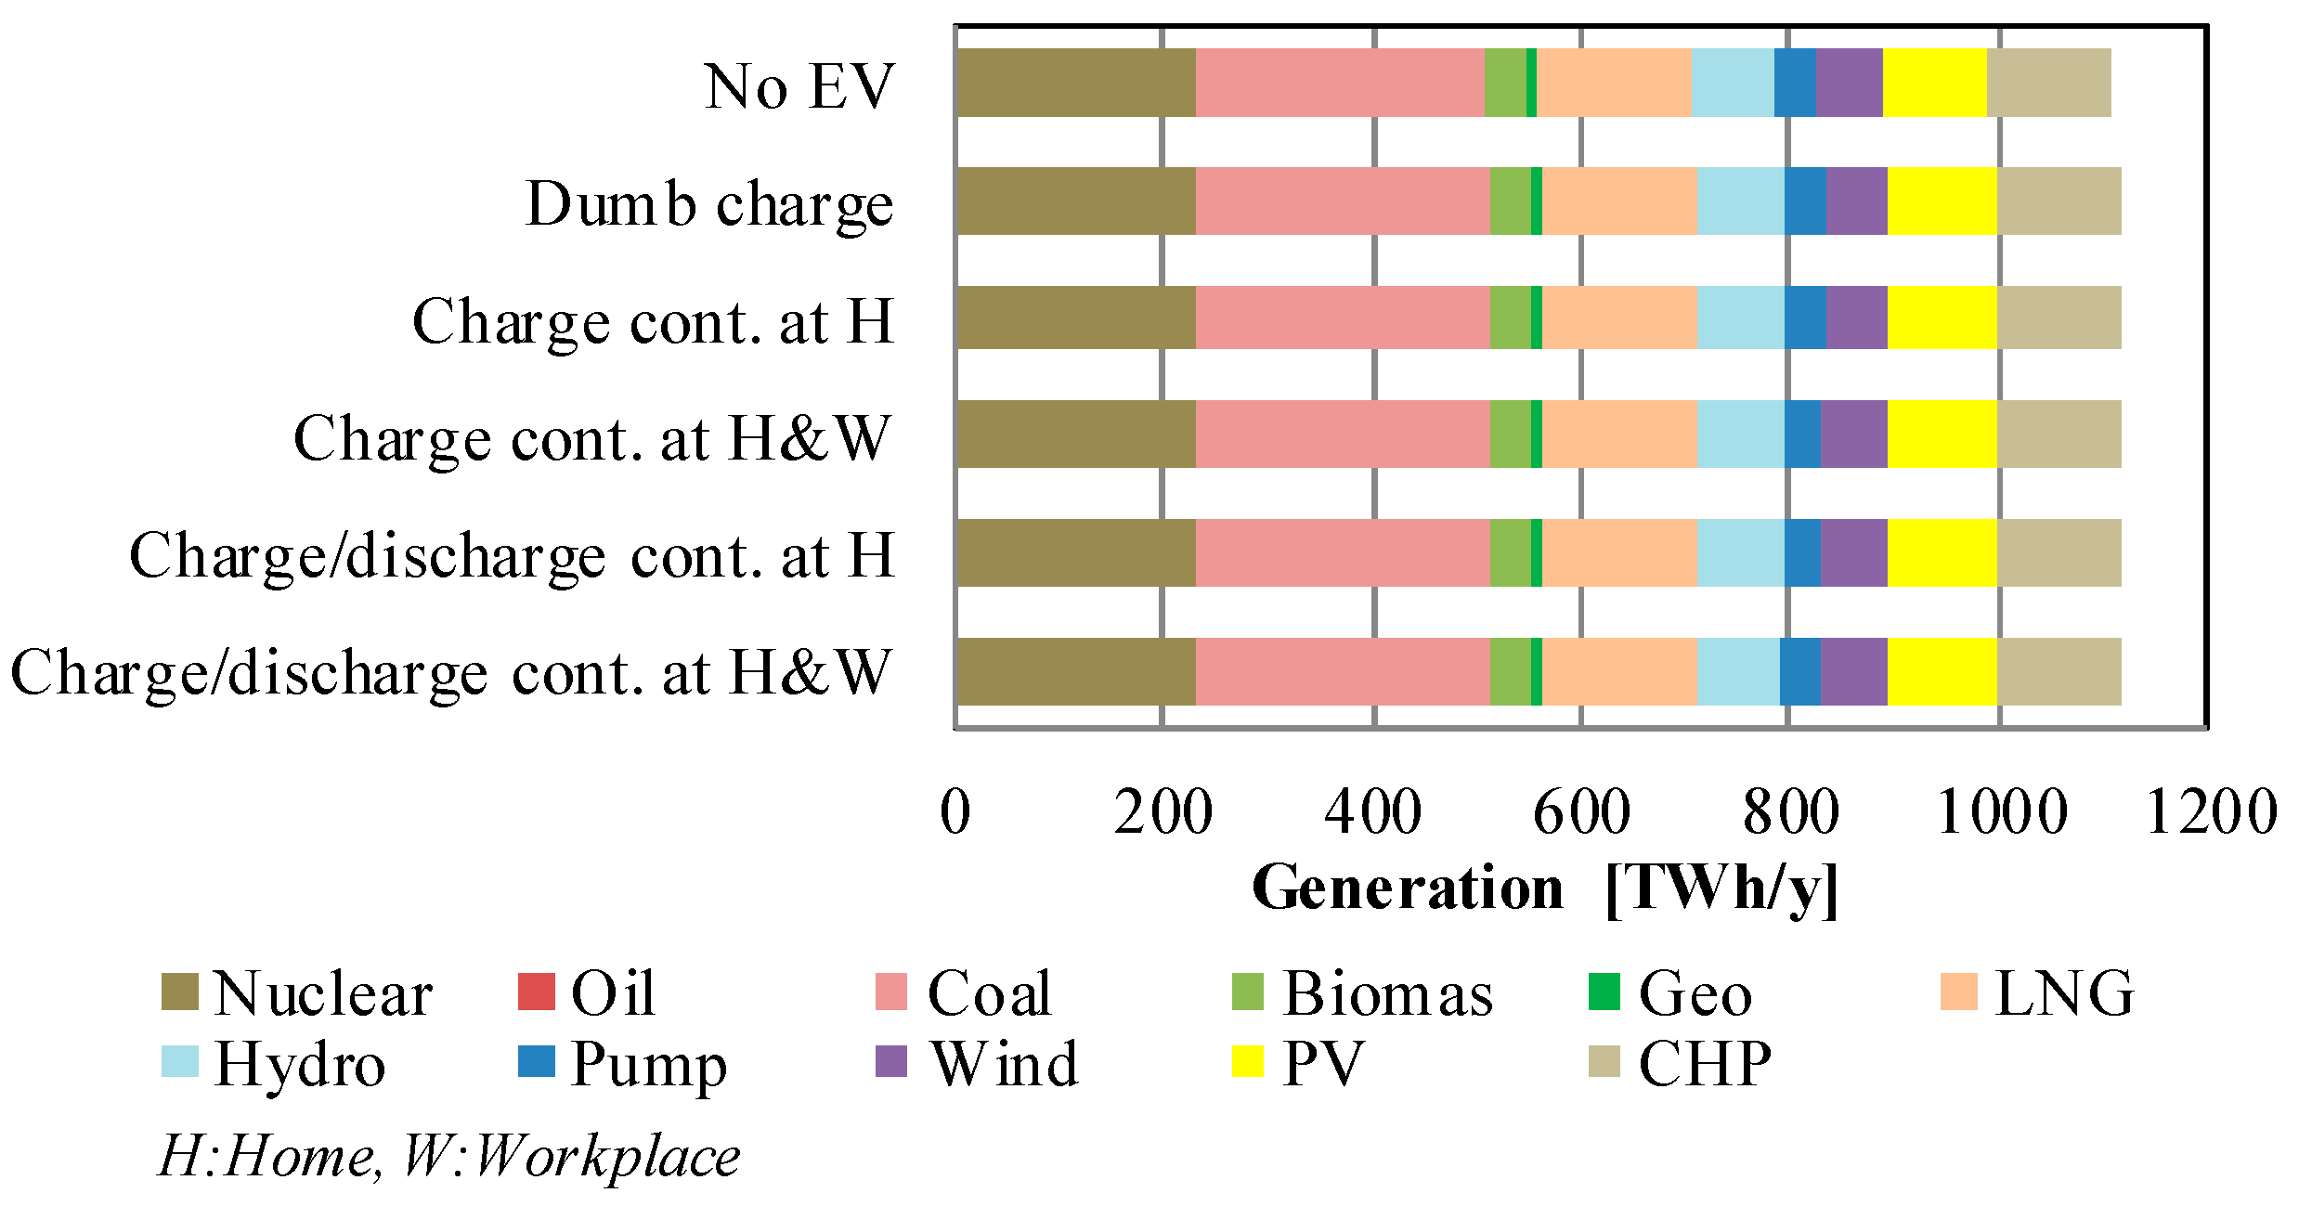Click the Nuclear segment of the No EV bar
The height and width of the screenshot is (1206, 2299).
1075,83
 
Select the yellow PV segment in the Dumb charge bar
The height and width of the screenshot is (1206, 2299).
1942,201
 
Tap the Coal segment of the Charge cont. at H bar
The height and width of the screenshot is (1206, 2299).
1343,318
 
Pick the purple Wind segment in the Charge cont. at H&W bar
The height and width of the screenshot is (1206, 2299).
1853,434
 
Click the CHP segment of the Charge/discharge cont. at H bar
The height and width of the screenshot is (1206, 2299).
2059,552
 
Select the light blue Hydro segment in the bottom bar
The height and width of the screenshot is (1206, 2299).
1737,671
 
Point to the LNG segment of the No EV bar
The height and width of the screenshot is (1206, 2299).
1613,83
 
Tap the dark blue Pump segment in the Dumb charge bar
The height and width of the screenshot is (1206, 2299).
1804,201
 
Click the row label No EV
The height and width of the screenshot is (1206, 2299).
799,87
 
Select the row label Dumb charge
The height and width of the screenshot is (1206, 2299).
709,204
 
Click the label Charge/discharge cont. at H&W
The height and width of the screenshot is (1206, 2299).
450,672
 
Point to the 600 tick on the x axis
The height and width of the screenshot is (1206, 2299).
1581,811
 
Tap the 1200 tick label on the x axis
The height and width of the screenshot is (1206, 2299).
2211,811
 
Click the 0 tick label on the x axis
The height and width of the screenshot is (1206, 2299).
955,811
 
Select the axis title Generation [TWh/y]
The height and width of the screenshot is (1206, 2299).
1545,889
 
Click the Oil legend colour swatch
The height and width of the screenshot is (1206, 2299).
536,992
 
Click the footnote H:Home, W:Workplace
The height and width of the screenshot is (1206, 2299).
449,1157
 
